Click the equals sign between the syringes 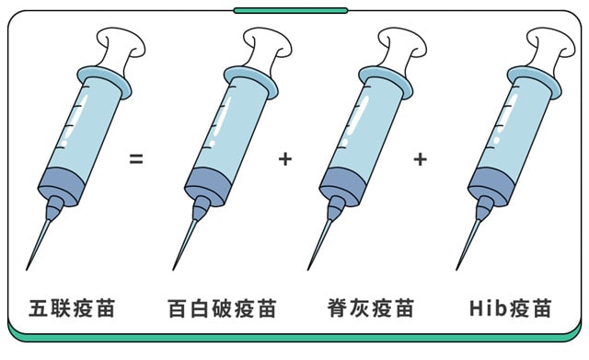point(136,158)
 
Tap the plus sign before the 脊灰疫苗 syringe point(284,158)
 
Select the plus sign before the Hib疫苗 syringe point(421,158)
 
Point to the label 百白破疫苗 point(222,308)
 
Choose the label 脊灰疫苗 point(370,308)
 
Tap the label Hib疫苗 point(510,308)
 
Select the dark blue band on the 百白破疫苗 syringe point(206,183)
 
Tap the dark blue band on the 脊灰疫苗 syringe point(343,183)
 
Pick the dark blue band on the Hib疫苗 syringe point(490,183)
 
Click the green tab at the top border point(291,10)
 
